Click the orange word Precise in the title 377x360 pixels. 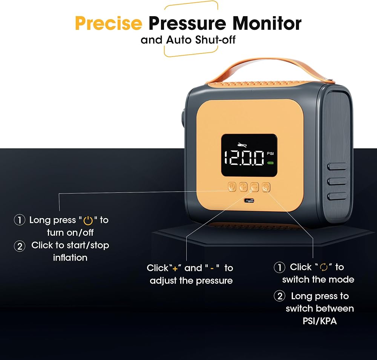[x=109, y=23]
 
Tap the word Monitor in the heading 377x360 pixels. [x=267, y=23]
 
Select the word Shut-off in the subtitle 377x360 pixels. [x=215, y=40]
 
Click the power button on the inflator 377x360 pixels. [x=232, y=187]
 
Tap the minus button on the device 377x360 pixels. [x=254, y=187]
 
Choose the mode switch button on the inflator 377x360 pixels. [x=266, y=187]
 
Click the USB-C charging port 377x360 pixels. [x=249, y=201]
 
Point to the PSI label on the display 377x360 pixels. [x=270, y=154]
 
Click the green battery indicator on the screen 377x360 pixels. [x=270, y=163]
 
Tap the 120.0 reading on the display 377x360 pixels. [x=244, y=158]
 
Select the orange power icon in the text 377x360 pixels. [x=88, y=220]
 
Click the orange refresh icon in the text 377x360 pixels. [x=324, y=267]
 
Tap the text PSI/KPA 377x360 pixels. [x=320, y=321]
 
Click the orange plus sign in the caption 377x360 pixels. [x=175, y=268]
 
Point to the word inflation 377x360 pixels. [x=70, y=258]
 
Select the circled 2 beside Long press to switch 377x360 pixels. [x=280, y=296]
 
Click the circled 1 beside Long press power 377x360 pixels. [x=20, y=220]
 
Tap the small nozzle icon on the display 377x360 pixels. [x=242, y=145]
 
